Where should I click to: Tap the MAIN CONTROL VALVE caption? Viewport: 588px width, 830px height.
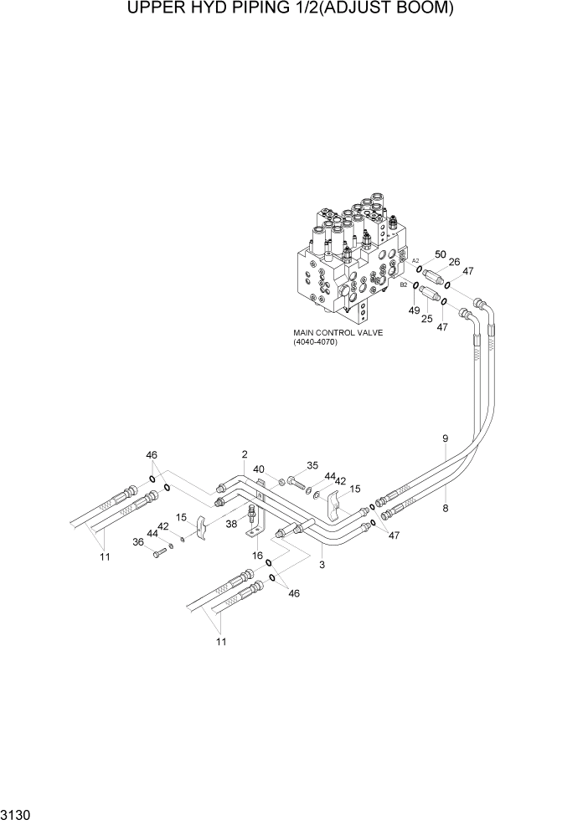pos(338,332)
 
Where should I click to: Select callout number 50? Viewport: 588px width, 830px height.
pos(440,254)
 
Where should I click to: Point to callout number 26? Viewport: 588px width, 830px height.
pos(455,262)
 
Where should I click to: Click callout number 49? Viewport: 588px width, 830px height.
pos(414,310)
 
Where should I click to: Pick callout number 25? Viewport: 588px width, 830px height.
pos(426,319)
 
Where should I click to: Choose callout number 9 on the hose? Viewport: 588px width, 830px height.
pos(446,438)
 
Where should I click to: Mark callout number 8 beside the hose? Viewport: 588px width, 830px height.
pos(446,508)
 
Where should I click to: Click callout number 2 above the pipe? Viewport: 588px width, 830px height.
pos(245,454)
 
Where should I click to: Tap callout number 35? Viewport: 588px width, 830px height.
pos(312,466)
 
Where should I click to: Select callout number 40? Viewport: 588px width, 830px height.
pos(259,469)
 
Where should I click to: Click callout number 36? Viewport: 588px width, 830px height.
pos(138,542)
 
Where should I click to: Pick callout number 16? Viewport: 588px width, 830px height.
pos(258,555)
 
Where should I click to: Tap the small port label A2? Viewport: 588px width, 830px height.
pos(415,261)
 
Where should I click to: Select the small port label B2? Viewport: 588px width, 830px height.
pos(404,284)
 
